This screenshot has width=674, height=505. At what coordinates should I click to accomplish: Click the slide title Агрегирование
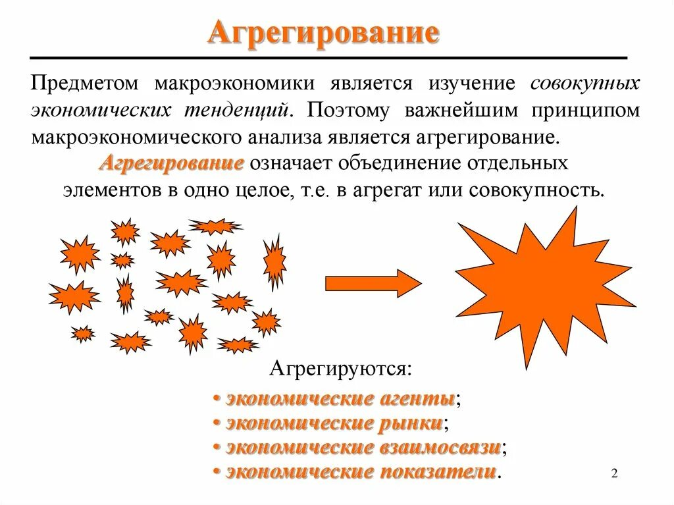tap(323, 33)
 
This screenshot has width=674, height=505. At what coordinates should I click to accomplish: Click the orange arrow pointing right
tap(373, 283)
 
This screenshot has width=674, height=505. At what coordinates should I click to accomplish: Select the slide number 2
tap(615, 473)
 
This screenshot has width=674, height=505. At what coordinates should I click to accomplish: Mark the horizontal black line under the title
tap(328, 59)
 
